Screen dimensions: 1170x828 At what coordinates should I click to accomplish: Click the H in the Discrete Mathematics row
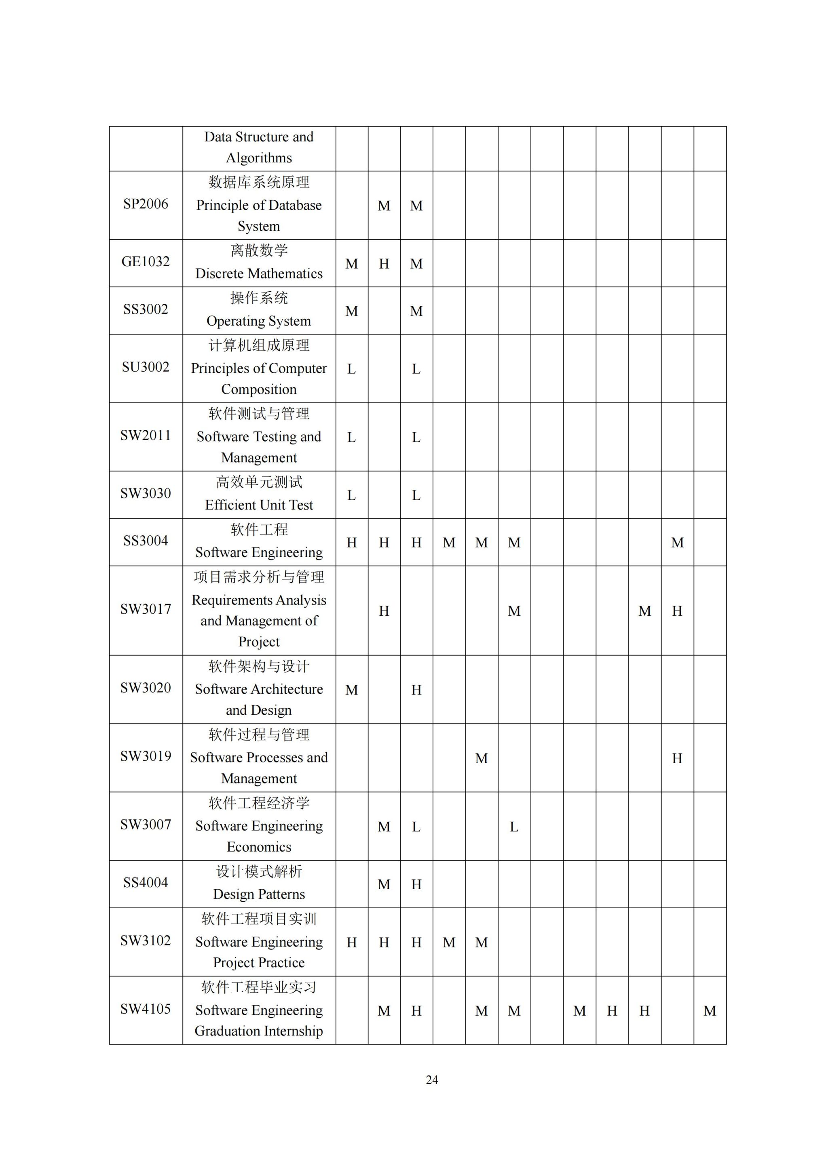tap(384, 264)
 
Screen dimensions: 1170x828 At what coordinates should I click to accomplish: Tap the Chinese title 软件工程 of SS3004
tap(259, 530)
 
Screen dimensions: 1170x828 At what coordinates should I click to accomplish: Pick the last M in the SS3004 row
tap(677, 543)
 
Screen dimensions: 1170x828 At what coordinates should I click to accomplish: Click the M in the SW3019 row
tap(481, 758)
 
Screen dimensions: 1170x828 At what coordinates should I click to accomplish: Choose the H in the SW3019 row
tap(677, 758)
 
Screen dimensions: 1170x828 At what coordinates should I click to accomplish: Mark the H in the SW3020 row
tap(416, 690)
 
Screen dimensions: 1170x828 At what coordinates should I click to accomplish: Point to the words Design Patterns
tap(259, 894)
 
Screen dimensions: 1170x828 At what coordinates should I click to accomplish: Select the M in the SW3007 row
tap(384, 827)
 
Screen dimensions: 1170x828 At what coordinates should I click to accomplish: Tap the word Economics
tap(259, 847)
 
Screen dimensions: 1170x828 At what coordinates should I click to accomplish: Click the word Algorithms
tap(259, 158)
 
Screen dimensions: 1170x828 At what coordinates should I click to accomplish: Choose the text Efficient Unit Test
tap(259, 505)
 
